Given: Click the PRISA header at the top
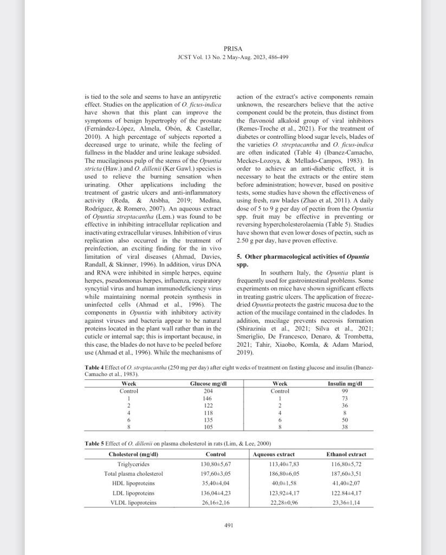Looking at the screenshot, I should coord(228,48).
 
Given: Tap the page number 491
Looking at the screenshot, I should coord(228,525).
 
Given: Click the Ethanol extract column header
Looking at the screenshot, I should coord(346,454).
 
